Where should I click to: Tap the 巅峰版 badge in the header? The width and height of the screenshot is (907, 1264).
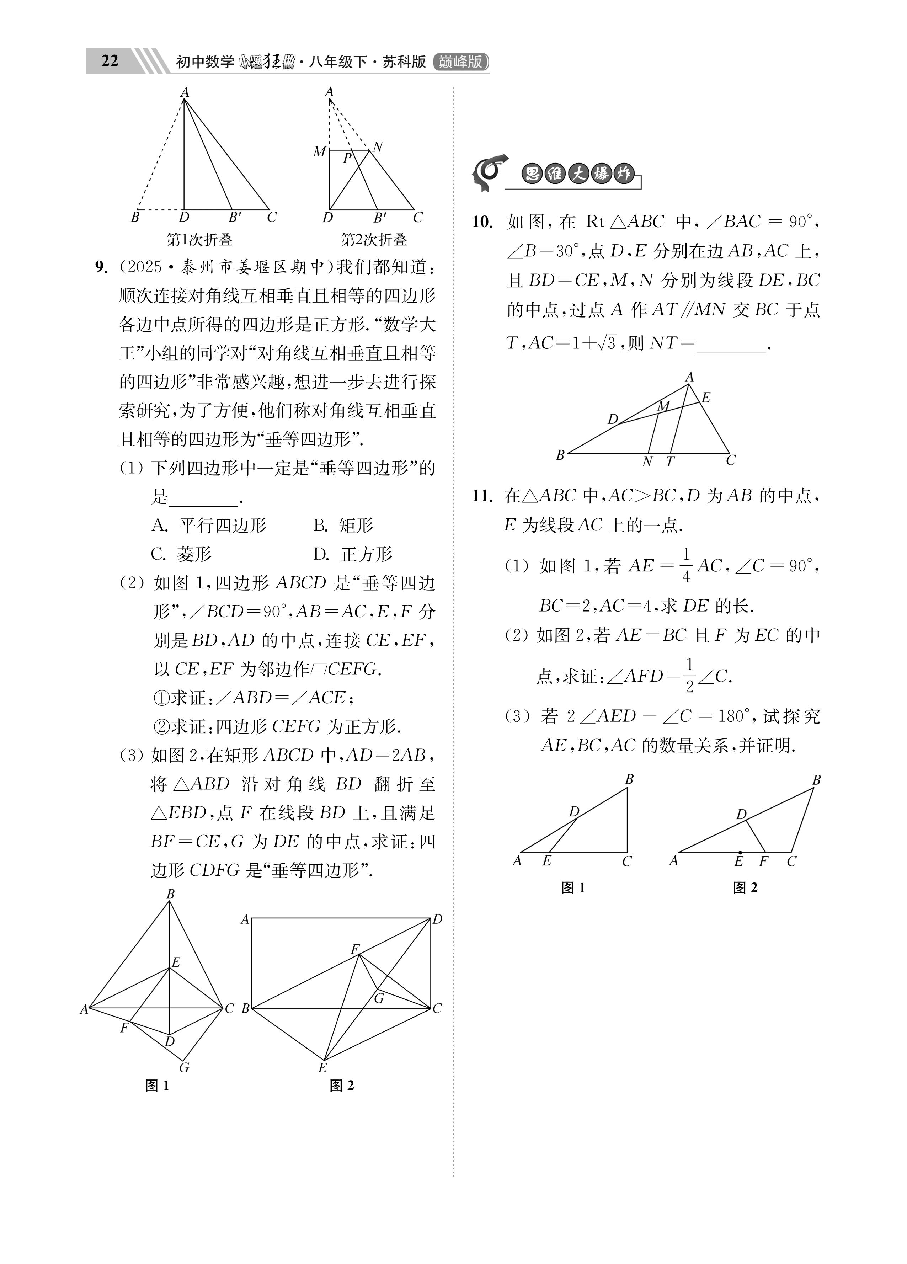click(460, 61)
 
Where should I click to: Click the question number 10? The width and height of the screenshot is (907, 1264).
click(482, 222)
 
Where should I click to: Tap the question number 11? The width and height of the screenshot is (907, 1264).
click(482, 495)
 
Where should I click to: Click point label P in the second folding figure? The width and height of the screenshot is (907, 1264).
click(347, 158)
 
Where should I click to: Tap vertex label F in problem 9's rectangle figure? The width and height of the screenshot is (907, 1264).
click(354, 949)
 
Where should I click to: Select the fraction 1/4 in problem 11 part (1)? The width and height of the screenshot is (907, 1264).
click(686, 565)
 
